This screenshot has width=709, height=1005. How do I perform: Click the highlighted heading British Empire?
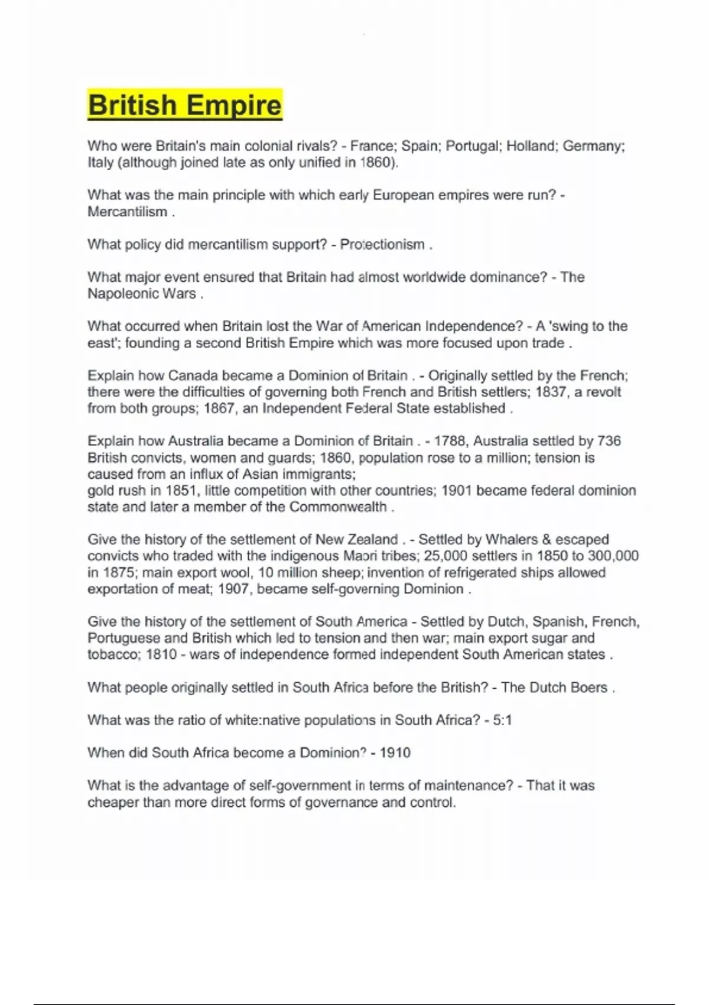pos(184,105)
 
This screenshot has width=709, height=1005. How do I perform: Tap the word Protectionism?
pos(382,245)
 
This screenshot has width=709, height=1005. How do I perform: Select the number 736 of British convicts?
pos(609,441)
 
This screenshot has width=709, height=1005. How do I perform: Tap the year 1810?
pos(161,655)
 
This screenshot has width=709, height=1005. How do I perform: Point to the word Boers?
pos(588,688)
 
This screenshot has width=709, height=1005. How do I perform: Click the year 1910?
pos(395,753)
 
